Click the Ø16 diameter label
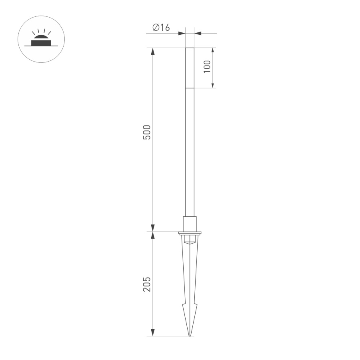point(161,28)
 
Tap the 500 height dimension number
point(147,132)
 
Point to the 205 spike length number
point(147,284)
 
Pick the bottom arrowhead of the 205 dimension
point(152,332)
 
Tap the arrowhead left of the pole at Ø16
point(182,33)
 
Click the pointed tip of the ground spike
point(190,335)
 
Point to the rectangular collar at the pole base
point(190,224)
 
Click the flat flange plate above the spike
point(190,232)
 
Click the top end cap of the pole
point(190,49)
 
